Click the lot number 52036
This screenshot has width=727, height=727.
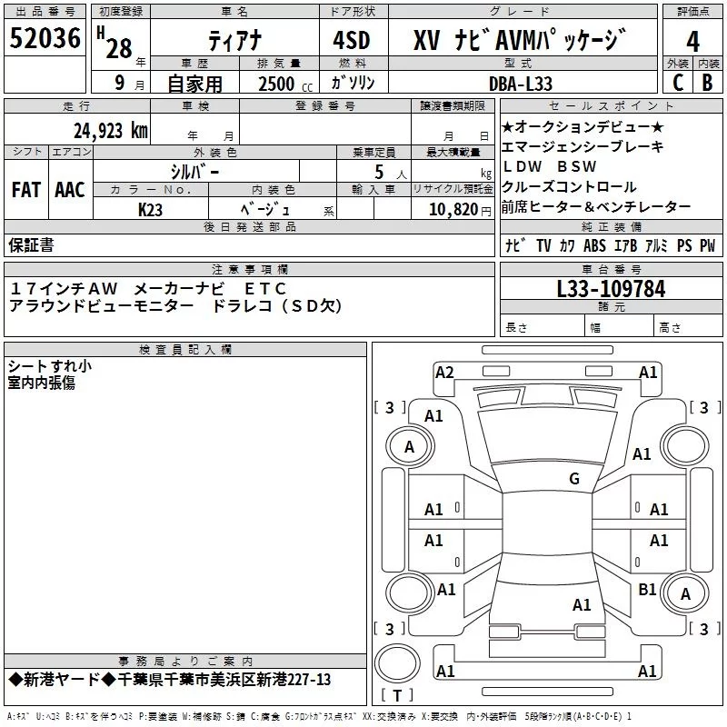[x=45, y=40]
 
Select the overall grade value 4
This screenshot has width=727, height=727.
[x=693, y=41]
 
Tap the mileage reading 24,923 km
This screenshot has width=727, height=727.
[x=111, y=131]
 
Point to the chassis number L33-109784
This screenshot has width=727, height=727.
[x=611, y=290]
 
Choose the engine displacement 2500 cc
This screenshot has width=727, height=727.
[x=277, y=84]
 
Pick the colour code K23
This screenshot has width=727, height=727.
[x=151, y=209]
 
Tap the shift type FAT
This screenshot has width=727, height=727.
[x=26, y=190]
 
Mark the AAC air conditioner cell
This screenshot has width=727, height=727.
[x=69, y=190]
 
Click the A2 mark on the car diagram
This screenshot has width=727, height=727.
[x=444, y=372]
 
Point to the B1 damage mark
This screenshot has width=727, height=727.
[x=647, y=590]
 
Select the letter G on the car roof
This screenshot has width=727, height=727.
[x=573, y=479]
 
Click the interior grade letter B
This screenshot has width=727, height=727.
[x=707, y=83]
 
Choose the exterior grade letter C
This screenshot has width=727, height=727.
[x=677, y=83]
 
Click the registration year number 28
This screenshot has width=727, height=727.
[x=118, y=48]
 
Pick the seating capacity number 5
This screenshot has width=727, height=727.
[x=378, y=171]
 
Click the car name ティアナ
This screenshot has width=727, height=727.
[x=233, y=42]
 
